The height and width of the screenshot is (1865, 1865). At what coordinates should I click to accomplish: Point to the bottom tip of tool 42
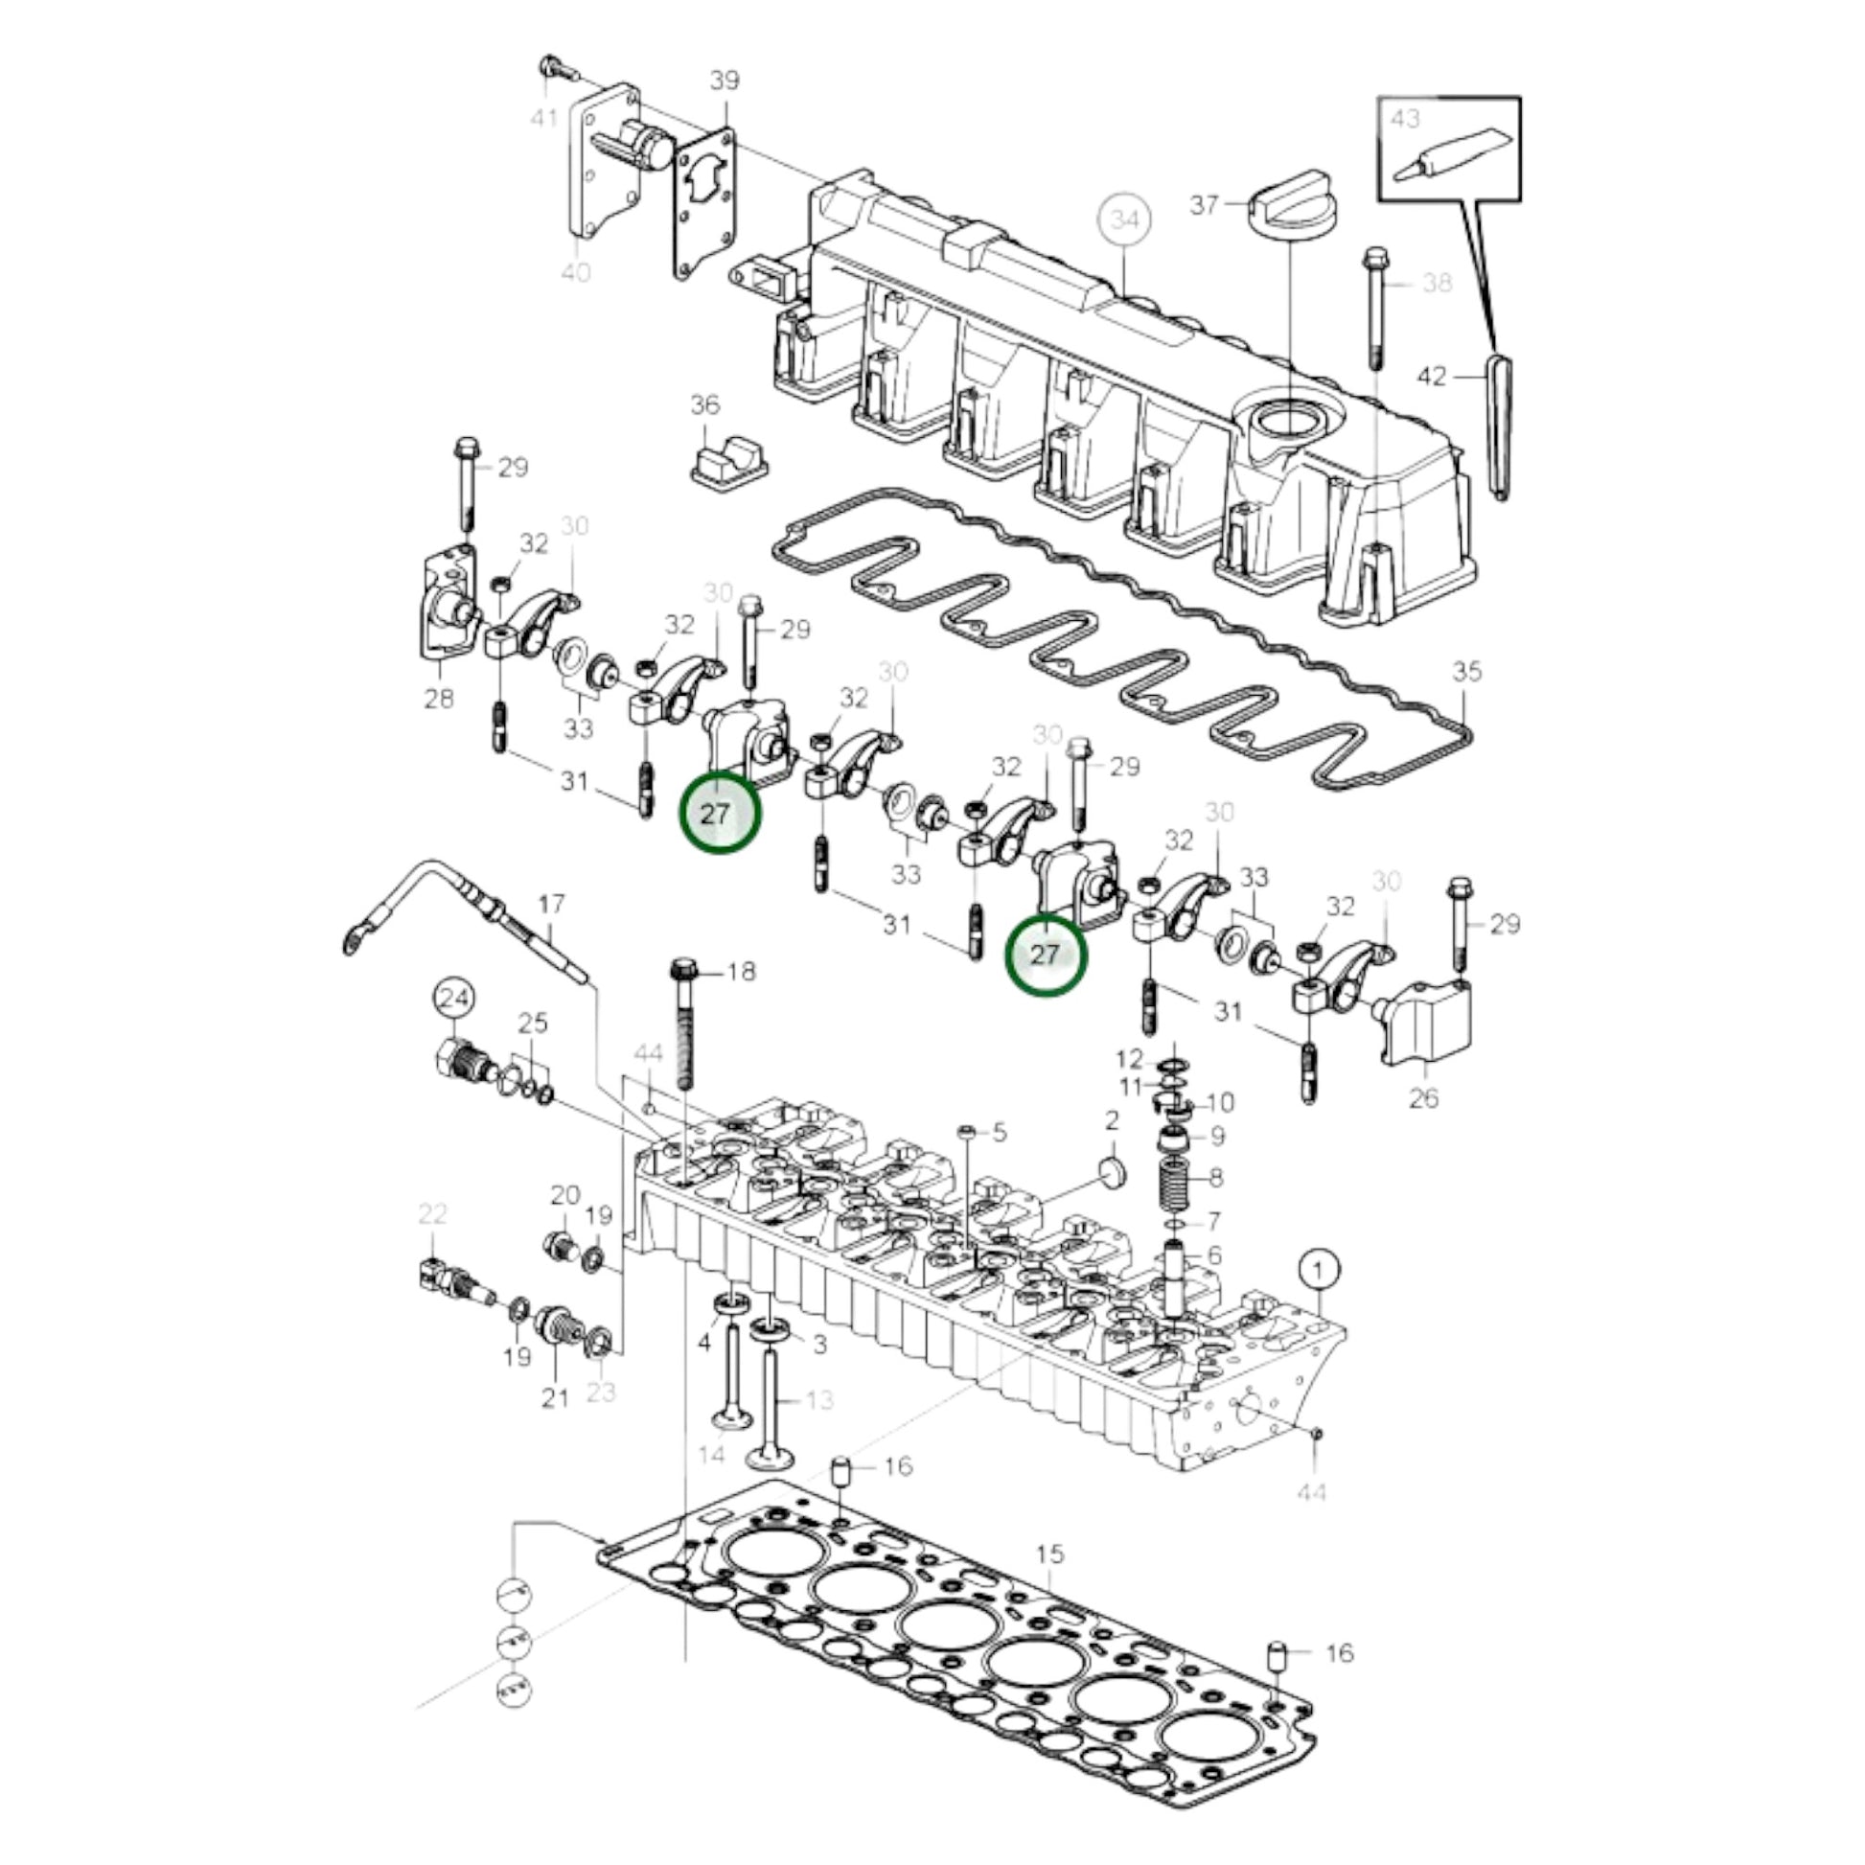pos(1502,496)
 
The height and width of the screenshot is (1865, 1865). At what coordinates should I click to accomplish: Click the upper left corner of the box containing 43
pos(1378,98)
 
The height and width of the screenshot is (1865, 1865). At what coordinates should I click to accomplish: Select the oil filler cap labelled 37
pos(1292,205)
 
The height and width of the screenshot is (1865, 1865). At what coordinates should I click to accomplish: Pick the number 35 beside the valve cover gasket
pos(1466,672)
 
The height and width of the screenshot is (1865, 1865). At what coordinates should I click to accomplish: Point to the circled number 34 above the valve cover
pos(1125,220)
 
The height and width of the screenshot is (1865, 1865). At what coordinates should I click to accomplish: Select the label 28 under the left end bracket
pos(439,698)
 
